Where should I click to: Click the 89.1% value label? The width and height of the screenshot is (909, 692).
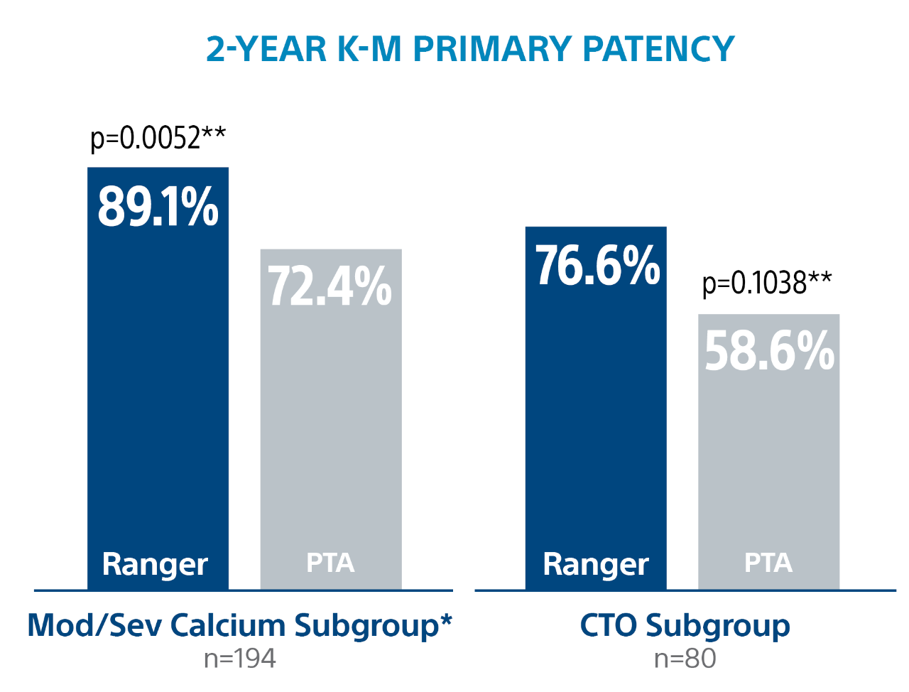(158, 207)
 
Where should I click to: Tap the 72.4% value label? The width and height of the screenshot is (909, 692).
(330, 286)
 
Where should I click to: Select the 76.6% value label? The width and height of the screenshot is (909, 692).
(597, 266)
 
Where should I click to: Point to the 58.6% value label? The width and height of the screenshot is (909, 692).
(769, 351)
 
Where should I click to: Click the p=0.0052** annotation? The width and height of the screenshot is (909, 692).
(158, 138)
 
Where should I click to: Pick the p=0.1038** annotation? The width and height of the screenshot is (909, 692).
(767, 283)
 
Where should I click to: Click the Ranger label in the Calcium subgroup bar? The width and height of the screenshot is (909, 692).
(155, 565)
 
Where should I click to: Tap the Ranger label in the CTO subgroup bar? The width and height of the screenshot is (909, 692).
(596, 565)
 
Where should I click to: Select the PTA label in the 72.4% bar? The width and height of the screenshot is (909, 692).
(330, 563)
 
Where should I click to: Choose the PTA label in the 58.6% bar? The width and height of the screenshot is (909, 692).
(768, 563)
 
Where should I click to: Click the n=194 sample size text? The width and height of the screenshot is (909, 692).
(239, 659)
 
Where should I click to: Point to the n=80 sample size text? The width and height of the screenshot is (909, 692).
(685, 659)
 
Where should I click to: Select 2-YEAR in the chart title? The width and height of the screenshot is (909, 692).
(267, 49)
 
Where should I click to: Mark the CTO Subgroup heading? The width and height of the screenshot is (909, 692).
(685, 626)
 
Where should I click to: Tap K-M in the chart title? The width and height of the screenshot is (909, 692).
(369, 49)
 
